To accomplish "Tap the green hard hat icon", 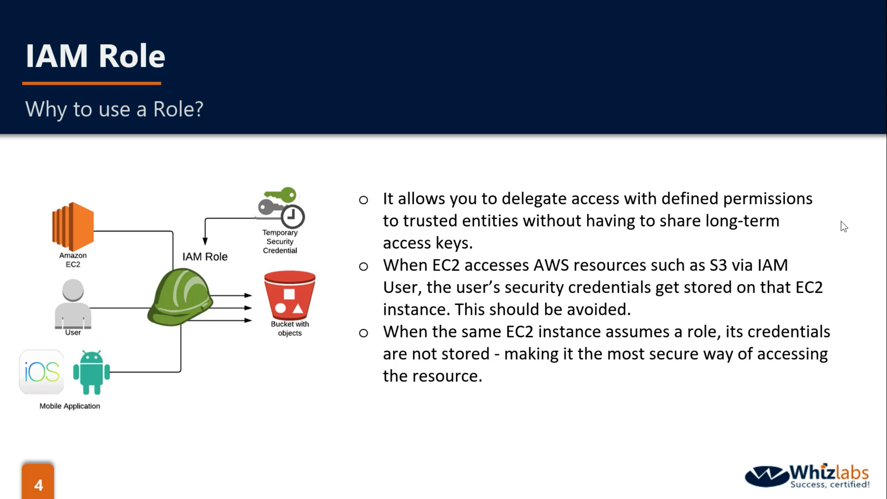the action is (x=180, y=297).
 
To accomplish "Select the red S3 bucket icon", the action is (x=290, y=295).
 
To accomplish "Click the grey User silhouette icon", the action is (x=73, y=303).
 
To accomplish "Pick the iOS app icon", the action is (x=42, y=372).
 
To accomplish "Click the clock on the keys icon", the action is (x=292, y=216).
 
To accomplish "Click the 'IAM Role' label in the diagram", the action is (x=205, y=257).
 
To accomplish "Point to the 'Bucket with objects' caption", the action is (x=290, y=329).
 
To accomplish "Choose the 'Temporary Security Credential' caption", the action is (x=279, y=241).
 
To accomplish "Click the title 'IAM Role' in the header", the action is (x=95, y=56).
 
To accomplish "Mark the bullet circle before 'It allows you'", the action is (x=363, y=200).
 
